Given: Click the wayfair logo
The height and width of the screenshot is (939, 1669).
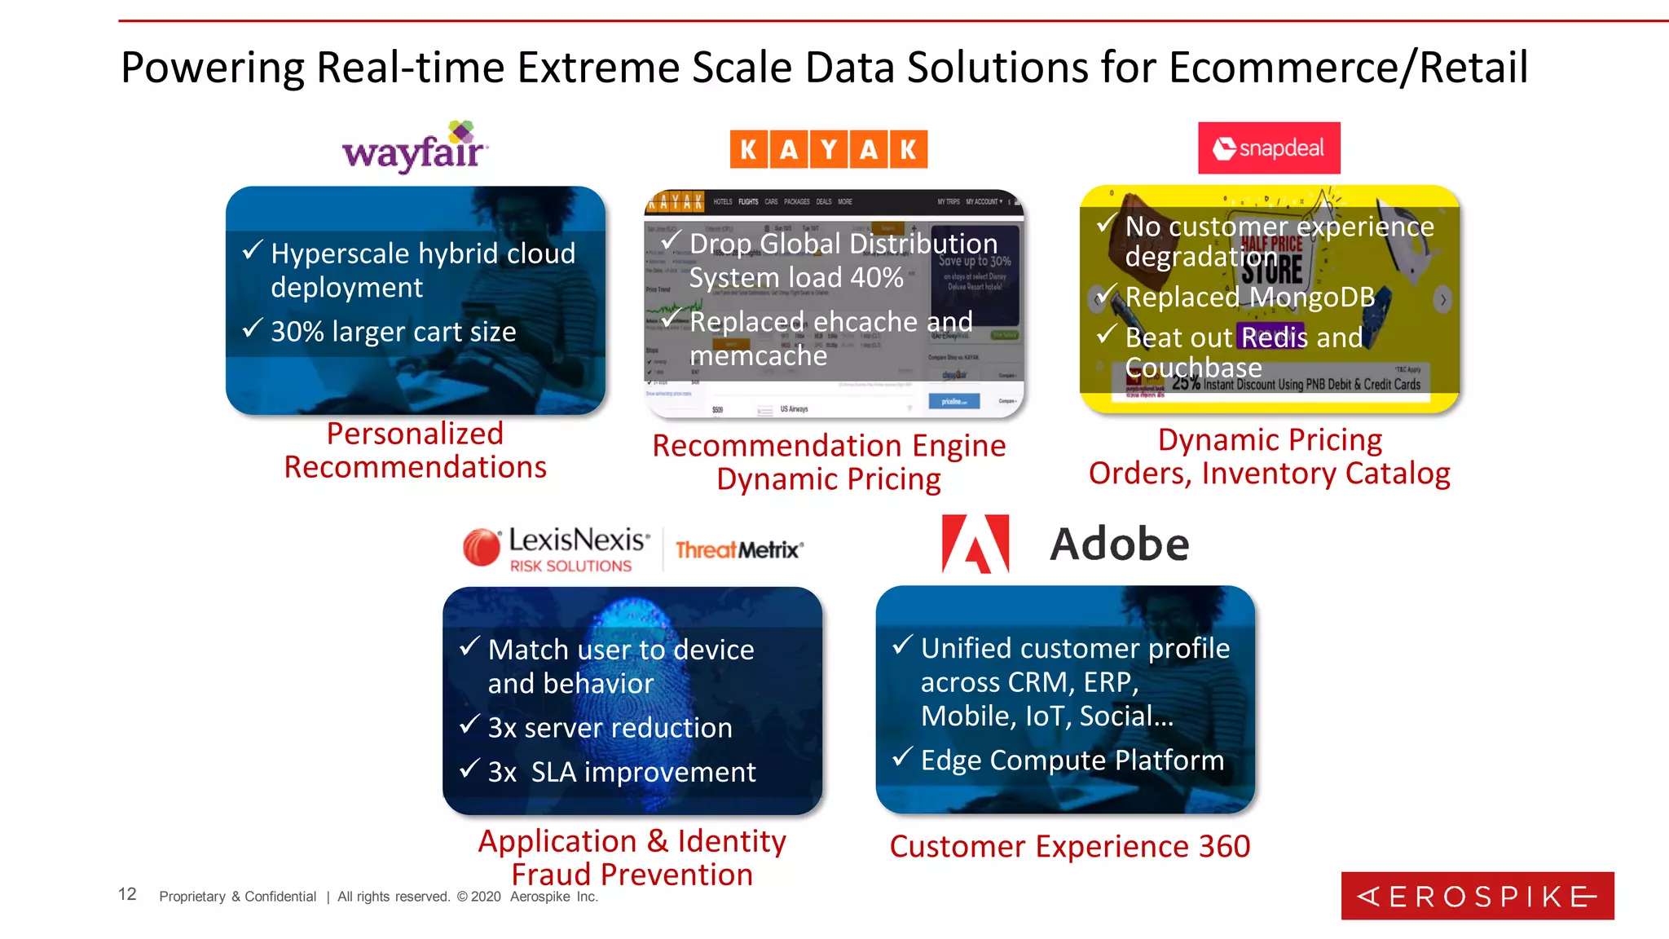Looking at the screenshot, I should [x=414, y=148].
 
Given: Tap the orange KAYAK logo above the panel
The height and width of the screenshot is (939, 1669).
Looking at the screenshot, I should [x=828, y=149].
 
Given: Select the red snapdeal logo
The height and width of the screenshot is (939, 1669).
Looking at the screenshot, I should [x=1268, y=148].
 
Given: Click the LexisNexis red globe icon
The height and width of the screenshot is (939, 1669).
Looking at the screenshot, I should [x=482, y=547].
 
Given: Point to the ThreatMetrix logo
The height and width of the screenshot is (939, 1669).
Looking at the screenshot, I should [x=739, y=549].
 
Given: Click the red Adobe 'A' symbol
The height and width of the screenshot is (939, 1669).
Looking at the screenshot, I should [x=975, y=544].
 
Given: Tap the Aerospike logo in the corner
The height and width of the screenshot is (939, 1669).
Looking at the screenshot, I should [x=1477, y=896].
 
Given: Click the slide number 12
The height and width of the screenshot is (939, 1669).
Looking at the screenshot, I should [x=127, y=894].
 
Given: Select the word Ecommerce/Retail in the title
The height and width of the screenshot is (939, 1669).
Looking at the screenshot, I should [x=1348, y=68].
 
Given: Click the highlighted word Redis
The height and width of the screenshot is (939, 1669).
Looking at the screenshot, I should [x=1274, y=337].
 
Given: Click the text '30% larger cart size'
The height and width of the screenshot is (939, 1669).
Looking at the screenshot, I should [x=393, y=332].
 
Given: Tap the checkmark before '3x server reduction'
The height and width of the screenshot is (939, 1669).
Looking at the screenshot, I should [x=469, y=724].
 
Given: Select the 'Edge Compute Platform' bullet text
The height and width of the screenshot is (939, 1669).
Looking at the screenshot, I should [x=1072, y=760].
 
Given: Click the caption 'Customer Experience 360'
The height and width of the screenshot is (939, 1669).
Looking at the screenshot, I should [x=1069, y=846].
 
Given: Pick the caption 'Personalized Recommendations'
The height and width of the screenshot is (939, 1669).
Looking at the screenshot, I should [x=415, y=450].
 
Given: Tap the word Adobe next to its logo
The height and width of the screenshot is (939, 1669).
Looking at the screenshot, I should [x=1119, y=544].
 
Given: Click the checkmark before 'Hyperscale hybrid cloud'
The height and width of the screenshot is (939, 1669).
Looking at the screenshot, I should [x=253, y=249].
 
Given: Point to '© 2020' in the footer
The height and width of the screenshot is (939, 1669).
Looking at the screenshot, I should [x=478, y=897].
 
